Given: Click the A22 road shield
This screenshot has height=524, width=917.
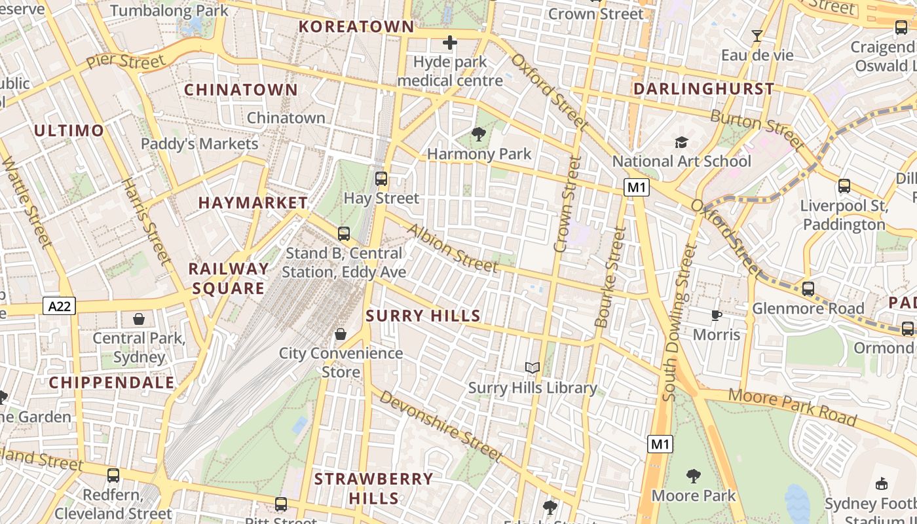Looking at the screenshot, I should tap(59, 306).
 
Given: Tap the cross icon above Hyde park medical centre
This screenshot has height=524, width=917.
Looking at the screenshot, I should tap(450, 43).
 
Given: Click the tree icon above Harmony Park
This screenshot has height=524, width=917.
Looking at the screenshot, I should tap(479, 135).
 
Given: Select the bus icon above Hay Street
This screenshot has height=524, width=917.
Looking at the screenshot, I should tap(381, 178).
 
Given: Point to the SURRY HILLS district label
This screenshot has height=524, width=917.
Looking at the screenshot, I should tap(423, 316).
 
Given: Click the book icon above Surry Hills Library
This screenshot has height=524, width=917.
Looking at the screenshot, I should tap(533, 368).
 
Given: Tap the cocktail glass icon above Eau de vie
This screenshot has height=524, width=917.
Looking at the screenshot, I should tap(757, 36).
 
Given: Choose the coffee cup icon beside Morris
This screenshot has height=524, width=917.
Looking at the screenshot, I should tap(717, 316).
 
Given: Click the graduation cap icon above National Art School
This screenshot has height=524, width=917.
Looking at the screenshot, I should tap(681, 142).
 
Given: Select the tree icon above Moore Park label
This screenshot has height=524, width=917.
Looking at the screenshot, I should tap(694, 476).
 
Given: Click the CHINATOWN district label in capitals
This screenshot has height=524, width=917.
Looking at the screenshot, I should tap(240, 90).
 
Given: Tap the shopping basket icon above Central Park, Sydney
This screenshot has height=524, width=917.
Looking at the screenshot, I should tap(139, 319).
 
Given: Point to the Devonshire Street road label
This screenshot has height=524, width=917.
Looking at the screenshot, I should tap(440, 426).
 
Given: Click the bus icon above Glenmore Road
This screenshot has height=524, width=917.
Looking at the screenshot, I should tap(808, 289).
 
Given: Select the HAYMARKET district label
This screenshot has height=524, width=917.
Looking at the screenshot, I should tap(253, 203).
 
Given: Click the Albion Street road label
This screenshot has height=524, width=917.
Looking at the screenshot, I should tap(452, 248).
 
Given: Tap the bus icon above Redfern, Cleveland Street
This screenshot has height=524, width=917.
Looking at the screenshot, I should tap(113, 476).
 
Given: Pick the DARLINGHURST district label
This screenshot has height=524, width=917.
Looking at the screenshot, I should tap(703, 88).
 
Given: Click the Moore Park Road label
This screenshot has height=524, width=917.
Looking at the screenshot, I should tap(793, 406).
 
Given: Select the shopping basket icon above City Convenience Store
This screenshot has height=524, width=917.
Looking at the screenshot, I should tap(341, 335).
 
